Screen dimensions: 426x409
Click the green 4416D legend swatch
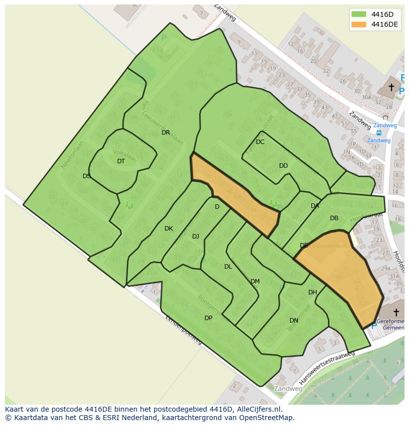coord(359,14)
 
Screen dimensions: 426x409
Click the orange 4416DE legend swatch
coord(359,24)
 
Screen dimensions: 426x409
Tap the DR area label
coord(165,133)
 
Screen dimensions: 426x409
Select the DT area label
coord(121,161)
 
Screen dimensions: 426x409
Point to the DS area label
coord(86,176)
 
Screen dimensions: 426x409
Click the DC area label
coord(260,142)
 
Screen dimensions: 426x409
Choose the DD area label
coord(283,166)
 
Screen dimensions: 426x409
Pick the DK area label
coord(168,229)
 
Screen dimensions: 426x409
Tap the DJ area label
coord(196,237)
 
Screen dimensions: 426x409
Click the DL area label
coord(228,267)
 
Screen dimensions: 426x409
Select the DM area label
coord(255,282)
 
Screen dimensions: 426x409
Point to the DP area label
coord(208,318)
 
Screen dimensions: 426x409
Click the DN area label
coord(294,321)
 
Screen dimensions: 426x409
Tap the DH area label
coord(313,292)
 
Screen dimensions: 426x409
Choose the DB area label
coord(334,218)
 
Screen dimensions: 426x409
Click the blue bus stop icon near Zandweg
coord(379,133)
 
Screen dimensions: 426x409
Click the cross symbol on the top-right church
coord(391,88)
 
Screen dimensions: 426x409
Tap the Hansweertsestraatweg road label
coord(327,368)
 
